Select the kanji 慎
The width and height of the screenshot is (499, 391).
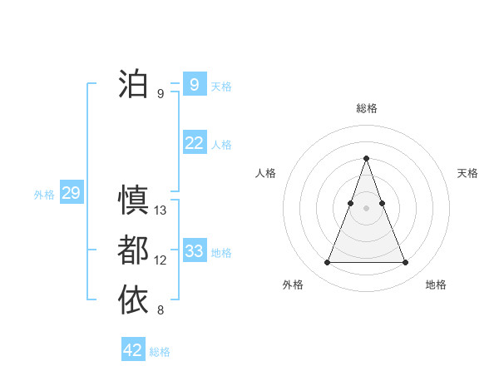coord(133,200)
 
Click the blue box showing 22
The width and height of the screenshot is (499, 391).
coord(194,143)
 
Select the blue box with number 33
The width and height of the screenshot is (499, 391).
coord(194,251)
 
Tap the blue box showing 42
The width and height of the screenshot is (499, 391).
coord(133,350)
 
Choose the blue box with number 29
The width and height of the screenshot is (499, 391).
coord(71,194)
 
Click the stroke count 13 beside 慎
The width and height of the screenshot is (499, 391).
coord(161,210)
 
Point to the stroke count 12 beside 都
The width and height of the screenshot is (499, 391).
coord(161,260)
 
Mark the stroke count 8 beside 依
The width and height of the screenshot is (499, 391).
coord(161,310)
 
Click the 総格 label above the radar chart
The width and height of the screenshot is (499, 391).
coord(367,108)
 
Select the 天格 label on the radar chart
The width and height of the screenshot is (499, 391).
coord(467,173)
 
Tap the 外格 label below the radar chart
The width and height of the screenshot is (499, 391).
coord(293,285)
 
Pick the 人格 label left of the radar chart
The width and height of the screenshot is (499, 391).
coord(266,173)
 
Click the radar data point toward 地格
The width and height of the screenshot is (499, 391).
coord(405,263)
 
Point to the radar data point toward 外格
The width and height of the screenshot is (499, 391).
coord(328,263)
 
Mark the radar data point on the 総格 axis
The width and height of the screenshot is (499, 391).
coord(367,158)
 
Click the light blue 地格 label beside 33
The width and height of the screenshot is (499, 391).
coord(221,252)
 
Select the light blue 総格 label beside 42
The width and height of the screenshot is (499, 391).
coord(160,351)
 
